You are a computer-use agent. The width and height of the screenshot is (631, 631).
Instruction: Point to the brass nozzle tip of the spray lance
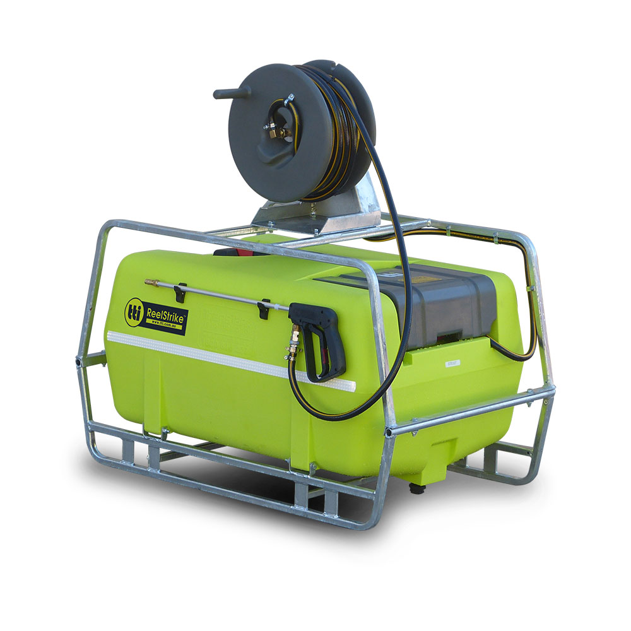(x=149, y=283)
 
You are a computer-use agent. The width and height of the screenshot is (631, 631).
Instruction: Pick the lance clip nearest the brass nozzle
(x=182, y=291)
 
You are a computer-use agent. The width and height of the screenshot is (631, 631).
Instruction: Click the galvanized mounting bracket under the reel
(x=315, y=211)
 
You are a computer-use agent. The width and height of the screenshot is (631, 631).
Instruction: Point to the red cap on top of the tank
(x=237, y=254)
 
